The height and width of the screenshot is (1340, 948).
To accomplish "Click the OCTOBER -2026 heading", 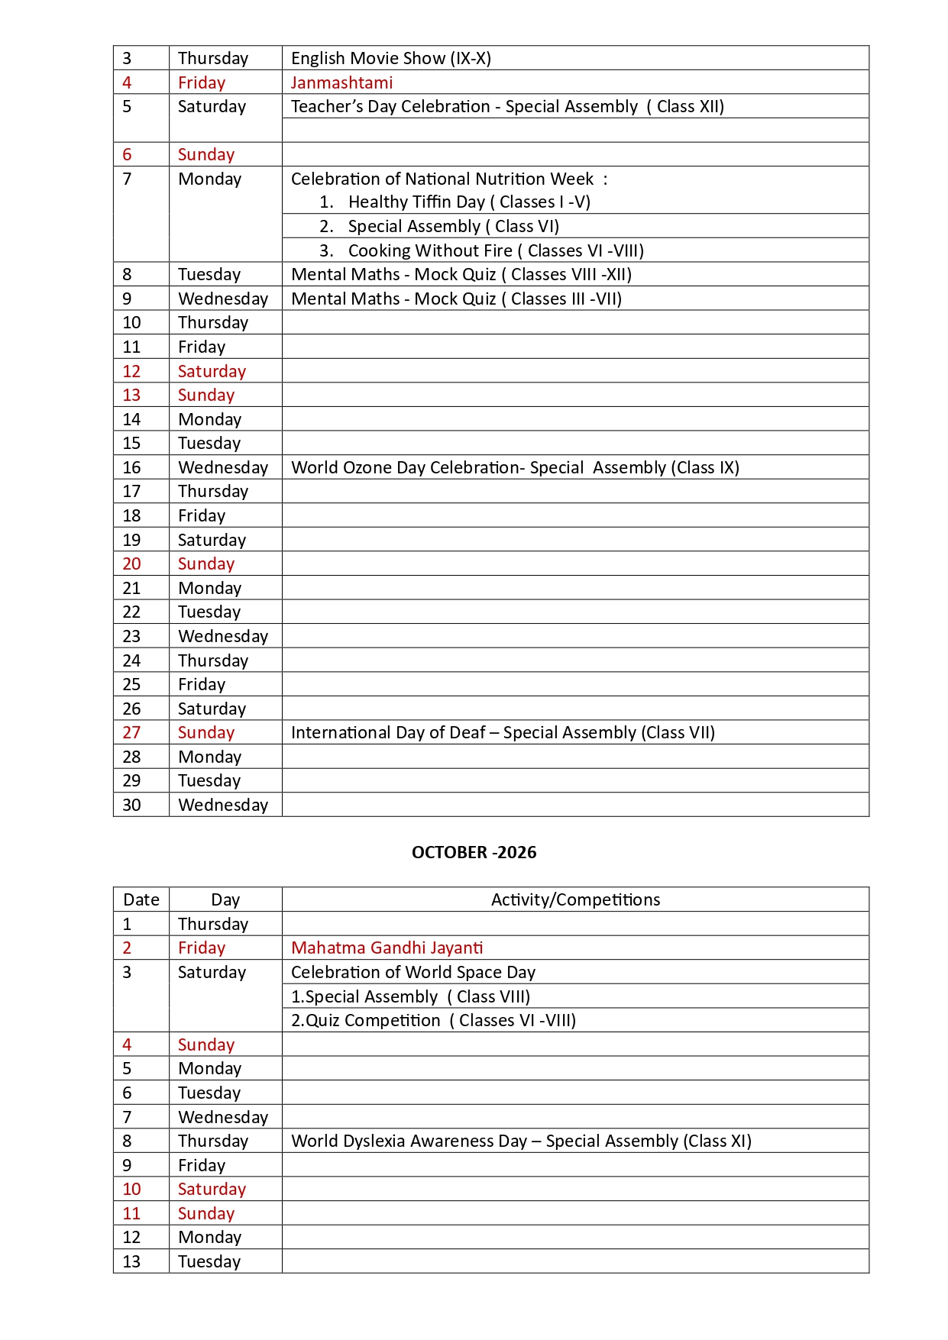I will point(474,852).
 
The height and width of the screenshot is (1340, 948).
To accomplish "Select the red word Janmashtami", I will point(341,82).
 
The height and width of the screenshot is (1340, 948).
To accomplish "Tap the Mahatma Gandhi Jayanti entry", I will point(387,948).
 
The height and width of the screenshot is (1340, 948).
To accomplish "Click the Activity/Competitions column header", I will point(575,899).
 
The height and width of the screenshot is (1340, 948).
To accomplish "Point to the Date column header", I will point(141,899).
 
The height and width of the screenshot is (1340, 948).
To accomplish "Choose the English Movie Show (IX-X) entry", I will point(390,58).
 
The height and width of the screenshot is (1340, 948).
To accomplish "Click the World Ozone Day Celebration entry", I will point(515,467).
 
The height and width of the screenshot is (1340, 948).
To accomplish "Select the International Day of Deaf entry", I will point(503,732).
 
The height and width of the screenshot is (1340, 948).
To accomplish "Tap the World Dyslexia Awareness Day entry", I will point(521,1141).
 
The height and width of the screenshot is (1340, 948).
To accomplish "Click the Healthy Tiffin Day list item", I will point(468,202).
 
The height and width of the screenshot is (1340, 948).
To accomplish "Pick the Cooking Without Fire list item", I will point(495,250).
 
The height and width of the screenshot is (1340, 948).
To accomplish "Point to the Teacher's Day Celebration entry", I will point(507,106).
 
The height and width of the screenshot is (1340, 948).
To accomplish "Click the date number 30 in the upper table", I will point(131,805).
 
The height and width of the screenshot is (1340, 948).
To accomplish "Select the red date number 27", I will point(131,732).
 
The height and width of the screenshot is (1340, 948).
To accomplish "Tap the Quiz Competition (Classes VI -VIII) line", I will point(433,1020).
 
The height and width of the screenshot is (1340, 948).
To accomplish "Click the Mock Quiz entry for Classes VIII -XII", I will point(461,274).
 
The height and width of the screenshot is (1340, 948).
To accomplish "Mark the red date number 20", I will point(131,563).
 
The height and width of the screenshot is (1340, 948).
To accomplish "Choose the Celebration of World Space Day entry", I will point(413,972).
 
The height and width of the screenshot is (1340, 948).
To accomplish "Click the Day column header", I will point(225,899).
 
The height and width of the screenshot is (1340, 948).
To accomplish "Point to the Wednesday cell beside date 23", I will point(223,636).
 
